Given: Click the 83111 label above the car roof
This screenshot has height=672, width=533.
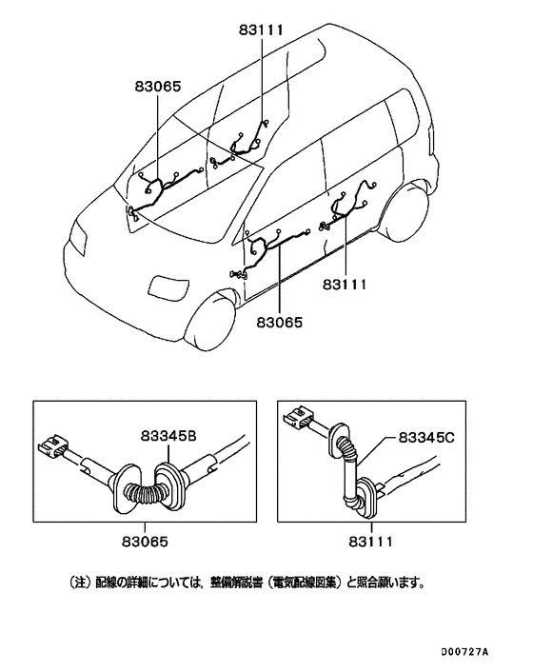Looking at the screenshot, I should point(262,30).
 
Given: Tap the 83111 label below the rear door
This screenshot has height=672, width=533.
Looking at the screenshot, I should point(345,284).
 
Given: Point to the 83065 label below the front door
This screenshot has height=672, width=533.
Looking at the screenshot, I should point(279,323).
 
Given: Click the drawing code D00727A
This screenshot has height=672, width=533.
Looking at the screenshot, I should point(464,652).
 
